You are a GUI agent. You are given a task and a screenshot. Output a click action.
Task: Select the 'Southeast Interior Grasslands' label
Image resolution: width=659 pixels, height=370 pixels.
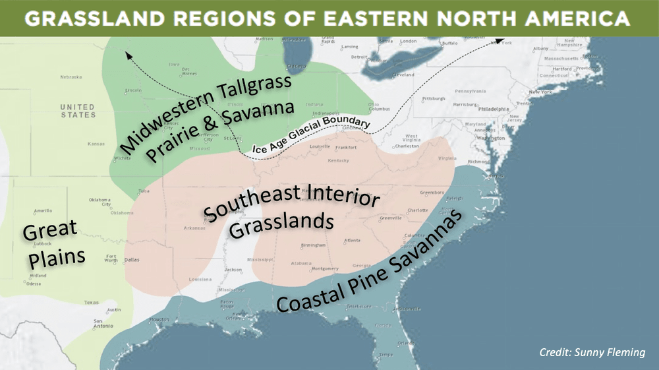(x=290, y=209)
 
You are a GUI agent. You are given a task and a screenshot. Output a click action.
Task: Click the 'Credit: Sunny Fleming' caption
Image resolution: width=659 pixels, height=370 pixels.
(x=592, y=352)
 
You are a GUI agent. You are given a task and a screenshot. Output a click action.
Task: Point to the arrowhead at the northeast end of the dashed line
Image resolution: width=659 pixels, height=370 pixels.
(x=499, y=42)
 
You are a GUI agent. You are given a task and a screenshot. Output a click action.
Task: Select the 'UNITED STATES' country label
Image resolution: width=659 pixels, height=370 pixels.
(x=78, y=111)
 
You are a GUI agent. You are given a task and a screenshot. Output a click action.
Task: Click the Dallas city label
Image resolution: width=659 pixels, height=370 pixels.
(x=132, y=260)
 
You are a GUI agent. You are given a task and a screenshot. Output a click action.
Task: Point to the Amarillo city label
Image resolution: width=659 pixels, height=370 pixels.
(x=43, y=210)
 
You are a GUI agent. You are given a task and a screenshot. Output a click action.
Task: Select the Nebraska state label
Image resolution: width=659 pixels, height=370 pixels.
(x=71, y=77)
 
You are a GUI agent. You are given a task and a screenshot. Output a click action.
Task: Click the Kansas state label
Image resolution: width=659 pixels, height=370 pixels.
(x=96, y=143)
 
